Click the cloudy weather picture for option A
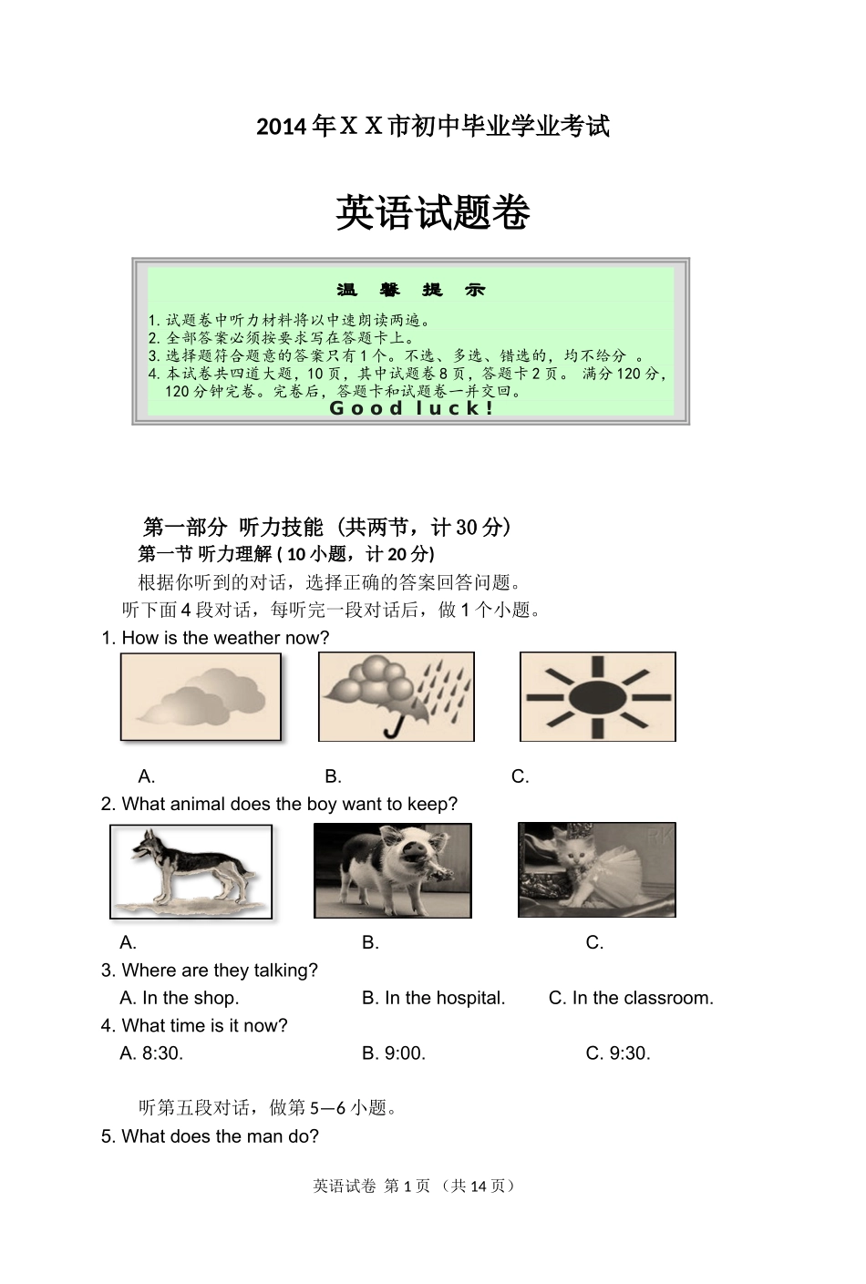201,697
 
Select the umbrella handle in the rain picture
393,728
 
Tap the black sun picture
597,697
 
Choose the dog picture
191,871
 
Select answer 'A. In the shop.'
180,998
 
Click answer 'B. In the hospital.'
433,998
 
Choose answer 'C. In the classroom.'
631,998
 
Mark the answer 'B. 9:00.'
394,1053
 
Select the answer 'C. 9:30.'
618,1053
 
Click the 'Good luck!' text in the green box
411,408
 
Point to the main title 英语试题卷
433,213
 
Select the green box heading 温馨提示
411,290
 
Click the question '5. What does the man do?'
211,1136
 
